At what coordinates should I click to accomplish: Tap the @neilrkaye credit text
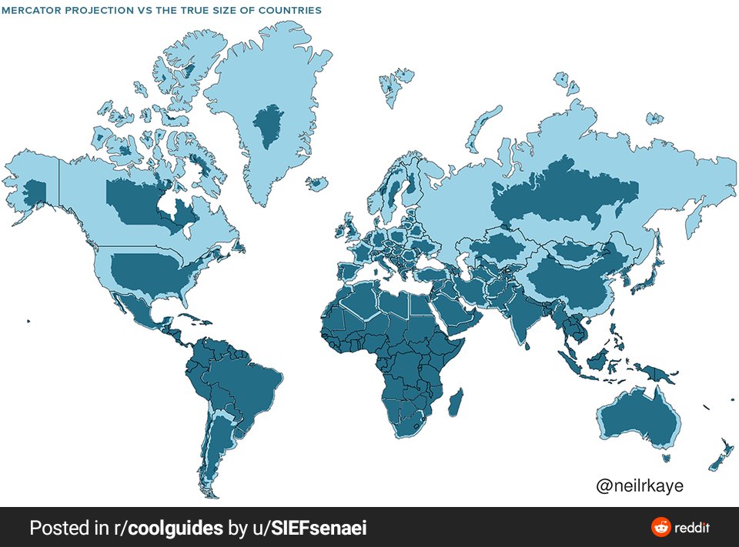[x=639, y=486]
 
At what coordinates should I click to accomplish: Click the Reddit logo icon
[x=660, y=528]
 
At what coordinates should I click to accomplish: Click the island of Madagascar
[x=456, y=402]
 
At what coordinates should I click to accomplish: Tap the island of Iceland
[x=316, y=184]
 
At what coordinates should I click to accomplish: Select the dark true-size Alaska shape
[x=35, y=189]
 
